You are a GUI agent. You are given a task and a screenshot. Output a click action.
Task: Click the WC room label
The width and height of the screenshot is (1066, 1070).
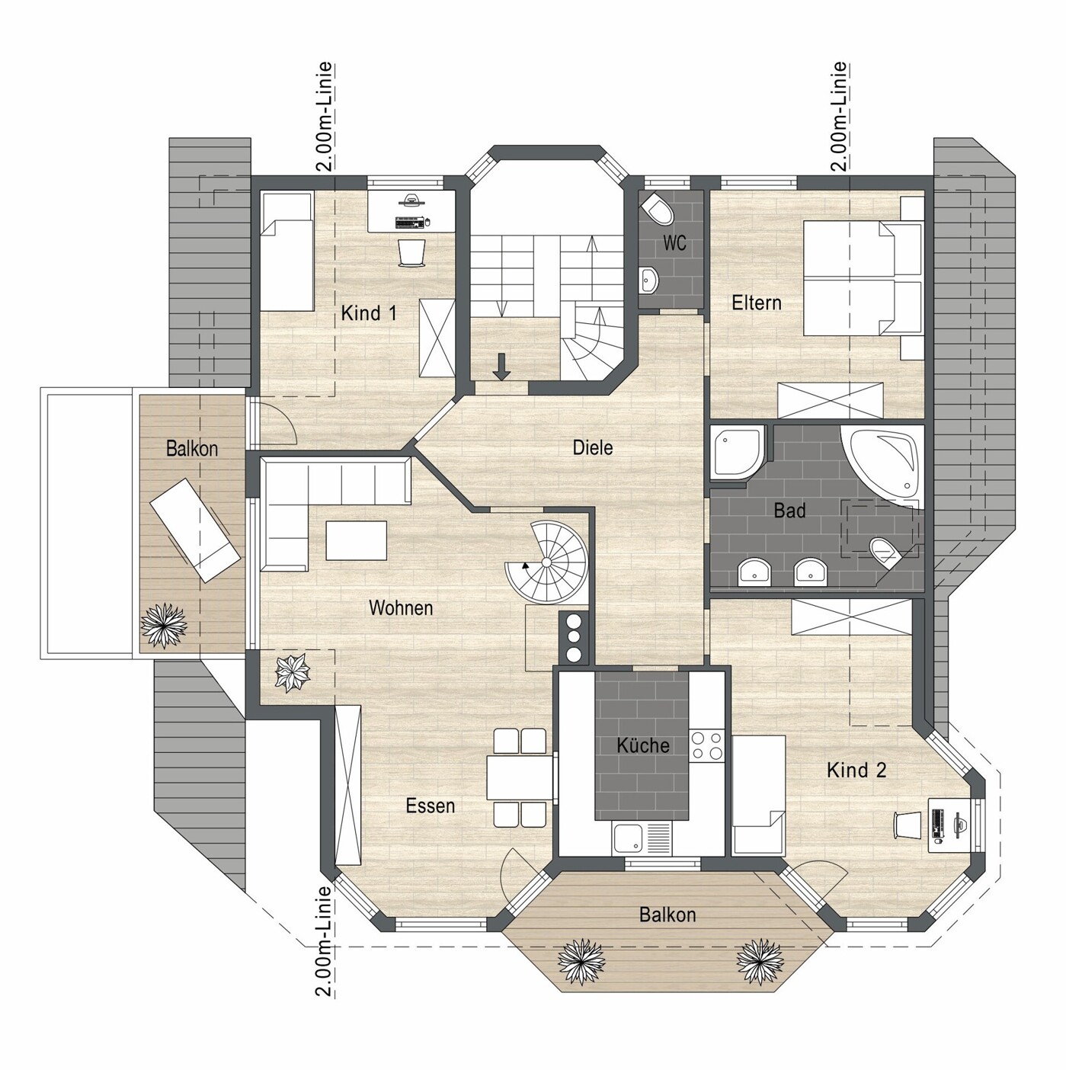tap(674, 242)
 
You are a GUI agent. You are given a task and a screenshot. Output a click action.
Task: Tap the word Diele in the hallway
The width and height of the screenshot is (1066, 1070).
tap(592, 447)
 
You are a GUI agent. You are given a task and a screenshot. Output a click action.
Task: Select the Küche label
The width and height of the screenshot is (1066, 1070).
tap(643, 745)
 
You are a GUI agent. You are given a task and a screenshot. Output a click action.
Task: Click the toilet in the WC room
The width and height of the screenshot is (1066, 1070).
tap(656, 210)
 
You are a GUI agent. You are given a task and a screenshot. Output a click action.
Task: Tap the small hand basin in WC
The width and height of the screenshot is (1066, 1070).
tap(648, 279)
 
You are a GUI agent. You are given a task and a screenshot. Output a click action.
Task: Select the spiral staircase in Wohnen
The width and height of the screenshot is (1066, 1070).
tap(546, 562)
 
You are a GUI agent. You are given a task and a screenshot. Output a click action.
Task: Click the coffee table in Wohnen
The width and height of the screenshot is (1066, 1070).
tap(357, 540)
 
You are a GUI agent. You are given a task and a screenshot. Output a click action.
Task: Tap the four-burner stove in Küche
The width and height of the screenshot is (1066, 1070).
tap(707, 746)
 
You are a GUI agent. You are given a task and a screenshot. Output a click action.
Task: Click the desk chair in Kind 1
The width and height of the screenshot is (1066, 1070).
tap(411, 253)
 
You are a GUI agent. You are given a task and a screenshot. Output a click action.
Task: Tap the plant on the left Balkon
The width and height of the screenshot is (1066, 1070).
tap(164, 625)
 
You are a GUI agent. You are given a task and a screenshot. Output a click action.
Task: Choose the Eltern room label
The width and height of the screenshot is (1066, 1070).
tap(756, 303)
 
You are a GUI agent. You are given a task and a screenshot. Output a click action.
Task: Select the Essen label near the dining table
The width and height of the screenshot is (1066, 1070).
tap(431, 806)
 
